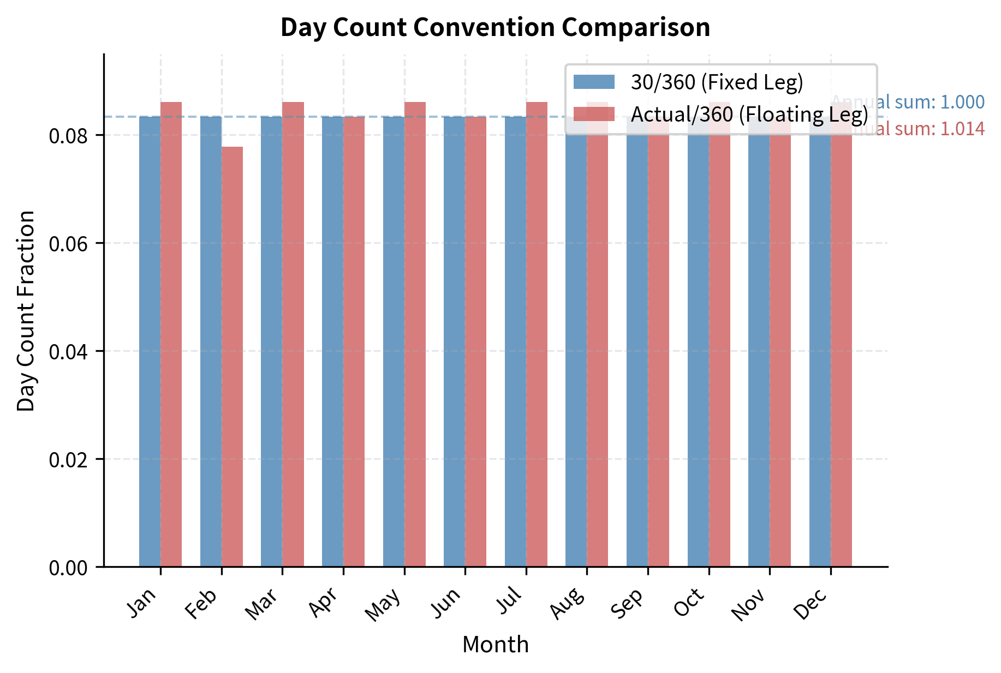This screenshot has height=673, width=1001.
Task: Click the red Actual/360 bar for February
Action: coord(232,357)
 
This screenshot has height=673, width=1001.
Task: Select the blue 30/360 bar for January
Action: coord(150,341)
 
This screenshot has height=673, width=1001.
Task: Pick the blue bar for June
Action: coord(454,341)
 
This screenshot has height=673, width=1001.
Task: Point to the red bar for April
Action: coord(354,341)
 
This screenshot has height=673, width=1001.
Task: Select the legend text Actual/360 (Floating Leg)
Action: coord(749,115)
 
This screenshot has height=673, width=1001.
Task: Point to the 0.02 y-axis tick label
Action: coord(68,459)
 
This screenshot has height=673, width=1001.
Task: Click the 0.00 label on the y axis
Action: coord(68,568)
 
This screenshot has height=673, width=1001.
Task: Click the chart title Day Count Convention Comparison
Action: coord(495,27)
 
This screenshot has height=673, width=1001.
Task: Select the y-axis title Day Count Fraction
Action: coord(26,310)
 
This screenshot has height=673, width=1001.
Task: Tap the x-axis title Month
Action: coord(495,645)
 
